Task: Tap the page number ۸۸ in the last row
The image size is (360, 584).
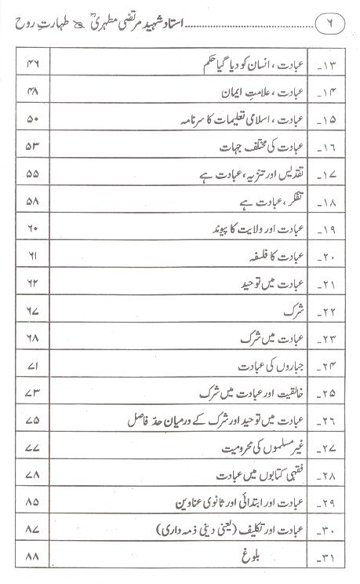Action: (x=33, y=560)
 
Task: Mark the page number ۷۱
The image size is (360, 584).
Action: (x=33, y=367)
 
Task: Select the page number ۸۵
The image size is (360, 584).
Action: (x=33, y=505)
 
